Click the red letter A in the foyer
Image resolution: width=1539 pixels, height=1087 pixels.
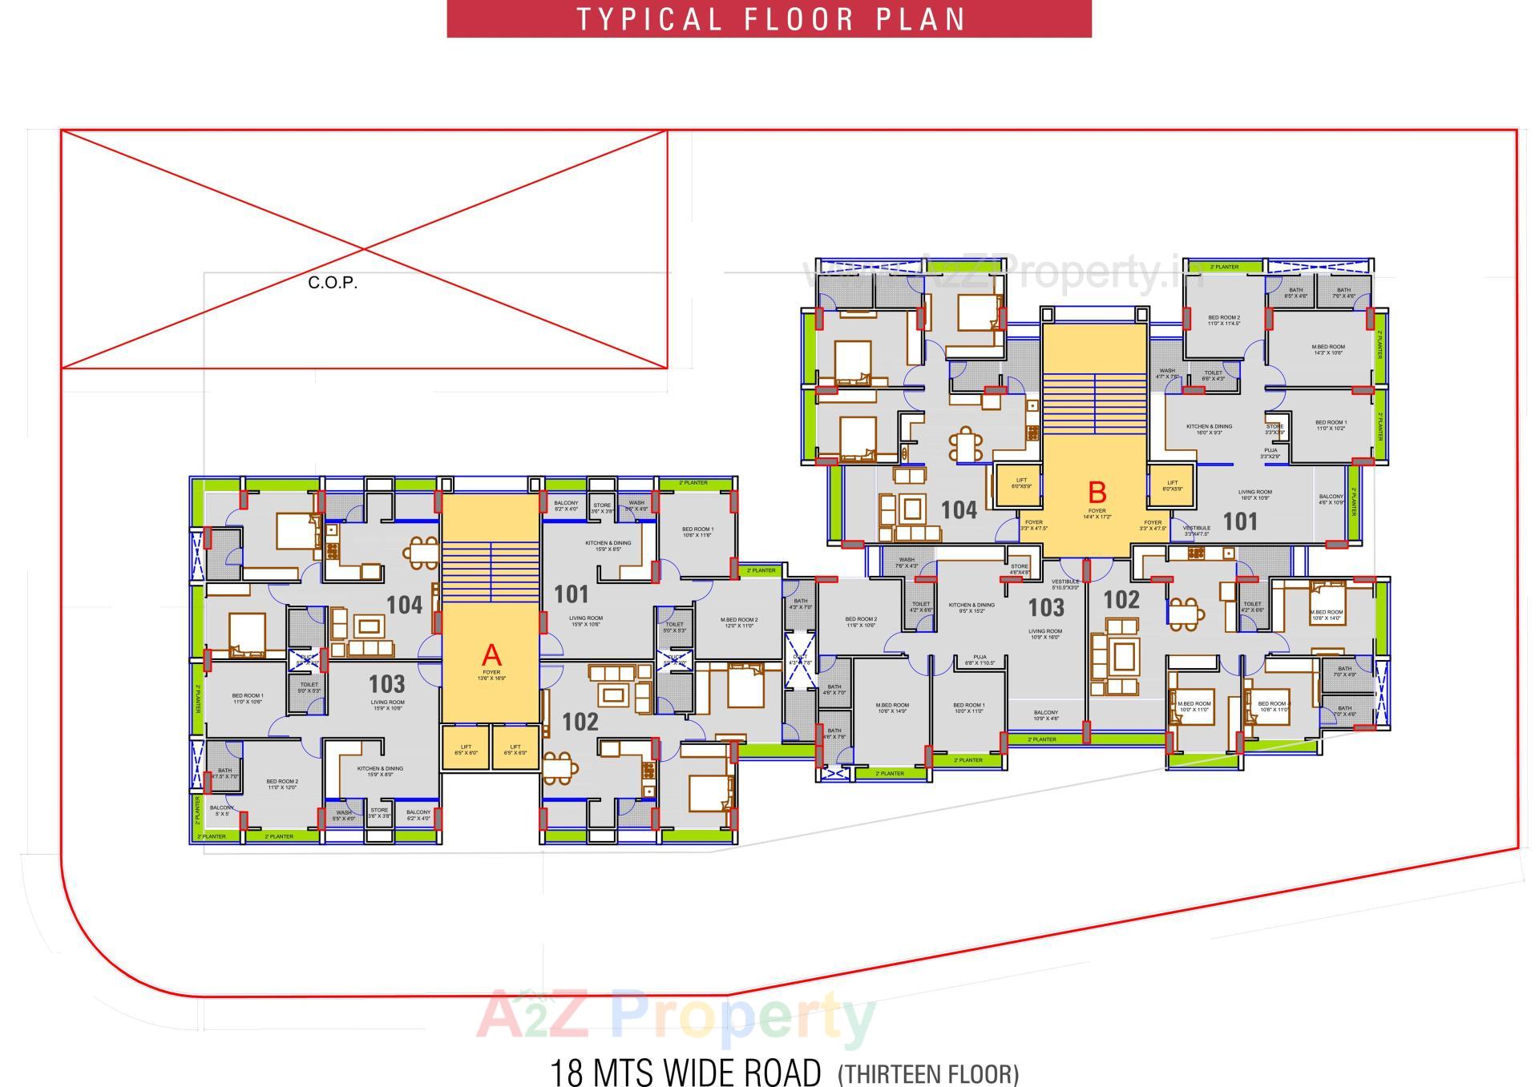491,655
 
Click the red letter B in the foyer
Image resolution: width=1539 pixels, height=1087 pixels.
1097,492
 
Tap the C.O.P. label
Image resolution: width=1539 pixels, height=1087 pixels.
333,283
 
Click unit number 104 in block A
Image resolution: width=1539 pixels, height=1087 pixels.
404,605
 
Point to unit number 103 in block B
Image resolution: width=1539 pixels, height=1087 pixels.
1045,608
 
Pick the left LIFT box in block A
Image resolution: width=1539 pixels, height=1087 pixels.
466,750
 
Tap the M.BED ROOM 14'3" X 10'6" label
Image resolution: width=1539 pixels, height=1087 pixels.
1327,350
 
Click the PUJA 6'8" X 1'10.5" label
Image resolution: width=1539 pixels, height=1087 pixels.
980,659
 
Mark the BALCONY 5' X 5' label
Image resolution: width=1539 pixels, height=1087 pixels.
221,811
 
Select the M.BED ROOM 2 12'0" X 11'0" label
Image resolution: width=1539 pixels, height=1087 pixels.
738,622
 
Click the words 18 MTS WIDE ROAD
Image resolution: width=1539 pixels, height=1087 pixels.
685,1072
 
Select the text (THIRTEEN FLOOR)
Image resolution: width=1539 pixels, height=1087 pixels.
927,1073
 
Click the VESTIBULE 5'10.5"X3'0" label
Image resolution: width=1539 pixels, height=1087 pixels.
1065,584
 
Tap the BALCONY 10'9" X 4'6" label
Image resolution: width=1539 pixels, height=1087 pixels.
1045,715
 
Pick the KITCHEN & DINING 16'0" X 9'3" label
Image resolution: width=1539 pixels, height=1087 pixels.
1209,429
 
